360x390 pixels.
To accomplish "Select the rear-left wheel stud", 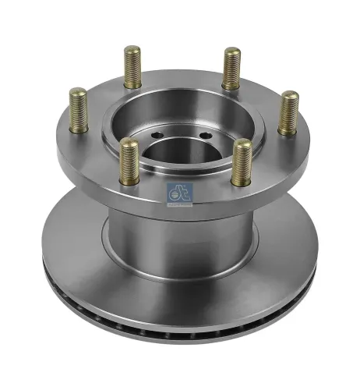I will point(132,66).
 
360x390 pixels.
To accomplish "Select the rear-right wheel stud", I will point(231,68).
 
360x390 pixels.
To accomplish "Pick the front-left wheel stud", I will point(129,161).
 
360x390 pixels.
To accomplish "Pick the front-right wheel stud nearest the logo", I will point(242,161).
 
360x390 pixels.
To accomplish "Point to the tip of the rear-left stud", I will point(132,50).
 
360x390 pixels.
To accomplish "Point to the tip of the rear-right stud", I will point(231,51).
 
